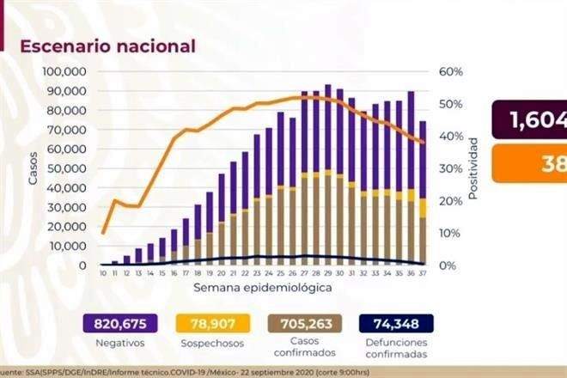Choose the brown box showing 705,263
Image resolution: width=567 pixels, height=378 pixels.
pyautogui.click(x=304, y=322)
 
